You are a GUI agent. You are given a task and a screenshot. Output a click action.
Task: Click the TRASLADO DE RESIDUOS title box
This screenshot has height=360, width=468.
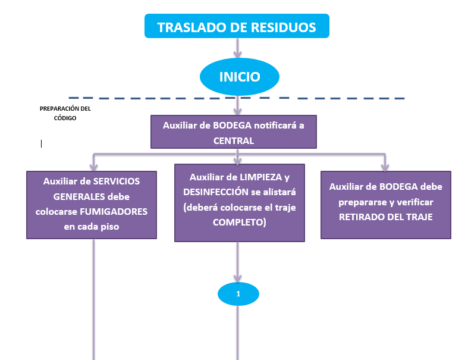coord(237,27)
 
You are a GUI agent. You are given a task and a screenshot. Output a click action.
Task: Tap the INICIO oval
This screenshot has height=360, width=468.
coord(239,77)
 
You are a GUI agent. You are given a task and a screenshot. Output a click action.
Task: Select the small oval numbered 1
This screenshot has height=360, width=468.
coord(238,294)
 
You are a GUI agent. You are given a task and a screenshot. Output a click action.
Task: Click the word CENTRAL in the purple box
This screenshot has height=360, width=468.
coord(233,141)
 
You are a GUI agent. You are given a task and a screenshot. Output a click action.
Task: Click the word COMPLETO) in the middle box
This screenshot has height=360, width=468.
coord(240,222)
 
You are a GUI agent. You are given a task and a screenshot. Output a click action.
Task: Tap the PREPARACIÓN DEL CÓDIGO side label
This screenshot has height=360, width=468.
coord(65,113)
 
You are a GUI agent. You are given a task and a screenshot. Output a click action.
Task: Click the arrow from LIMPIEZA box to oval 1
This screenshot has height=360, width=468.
coord(238,262)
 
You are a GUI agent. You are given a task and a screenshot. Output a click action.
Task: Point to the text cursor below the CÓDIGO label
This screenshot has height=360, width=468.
coord(42,143)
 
